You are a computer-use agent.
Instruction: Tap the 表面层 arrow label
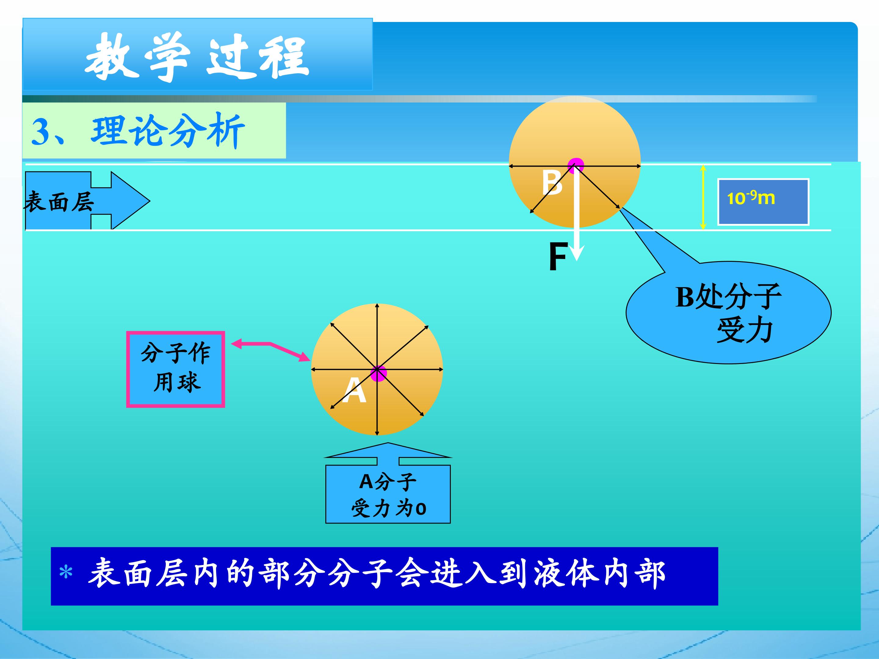click(59, 201)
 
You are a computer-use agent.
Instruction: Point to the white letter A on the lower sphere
click(354, 390)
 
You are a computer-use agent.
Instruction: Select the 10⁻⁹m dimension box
click(763, 202)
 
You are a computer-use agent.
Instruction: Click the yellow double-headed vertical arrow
click(703, 197)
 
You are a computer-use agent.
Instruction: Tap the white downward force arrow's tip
click(577, 260)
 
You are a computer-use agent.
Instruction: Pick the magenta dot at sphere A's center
click(378, 373)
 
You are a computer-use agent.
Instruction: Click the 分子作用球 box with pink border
click(175, 369)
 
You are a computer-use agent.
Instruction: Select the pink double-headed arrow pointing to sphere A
click(270, 350)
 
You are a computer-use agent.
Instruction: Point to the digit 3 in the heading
click(41, 132)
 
